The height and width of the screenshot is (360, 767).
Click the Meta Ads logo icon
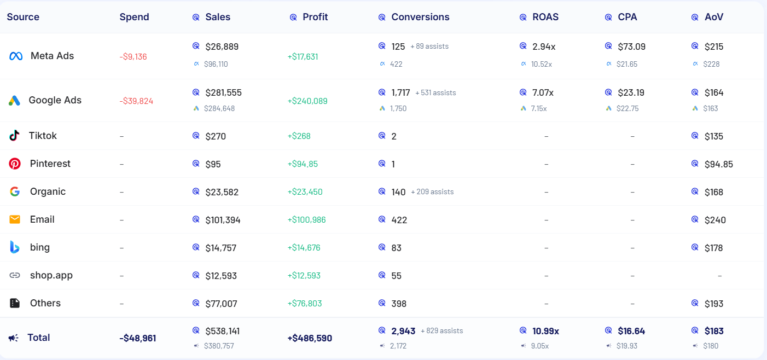click(x=16, y=56)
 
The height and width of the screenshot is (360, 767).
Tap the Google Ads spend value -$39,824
click(x=136, y=101)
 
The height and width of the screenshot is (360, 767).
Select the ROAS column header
click(x=545, y=17)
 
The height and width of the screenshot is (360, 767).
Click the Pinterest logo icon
click(x=15, y=164)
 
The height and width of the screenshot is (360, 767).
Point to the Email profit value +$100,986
click(x=306, y=220)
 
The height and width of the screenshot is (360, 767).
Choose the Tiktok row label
click(x=43, y=136)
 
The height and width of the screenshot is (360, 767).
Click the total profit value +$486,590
click(x=310, y=338)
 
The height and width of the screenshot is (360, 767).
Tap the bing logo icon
click(x=15, y=247)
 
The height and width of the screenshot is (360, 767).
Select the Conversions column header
click(x=420, y=17)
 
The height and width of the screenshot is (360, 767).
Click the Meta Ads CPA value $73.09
click(x=631, y=47)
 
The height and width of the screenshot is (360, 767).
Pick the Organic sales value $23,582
click(x=222, y=192)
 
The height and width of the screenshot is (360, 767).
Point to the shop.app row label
click(x=51, y=275)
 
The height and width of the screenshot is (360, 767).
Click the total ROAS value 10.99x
click(x=545, y=331)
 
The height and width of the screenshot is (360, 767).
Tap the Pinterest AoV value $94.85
click(x=718, y=164)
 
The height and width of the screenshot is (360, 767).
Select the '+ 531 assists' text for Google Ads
click(x=435, y=93)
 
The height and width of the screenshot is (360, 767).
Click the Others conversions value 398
click(x=399, y=304)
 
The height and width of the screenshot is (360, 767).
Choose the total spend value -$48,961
click(x=137, y=338)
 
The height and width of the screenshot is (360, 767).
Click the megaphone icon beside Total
click(x=14, y=338)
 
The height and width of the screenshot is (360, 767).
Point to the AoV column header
click(x=713, y=17)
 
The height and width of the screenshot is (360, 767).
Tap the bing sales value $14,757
click(x=220, y=248)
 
